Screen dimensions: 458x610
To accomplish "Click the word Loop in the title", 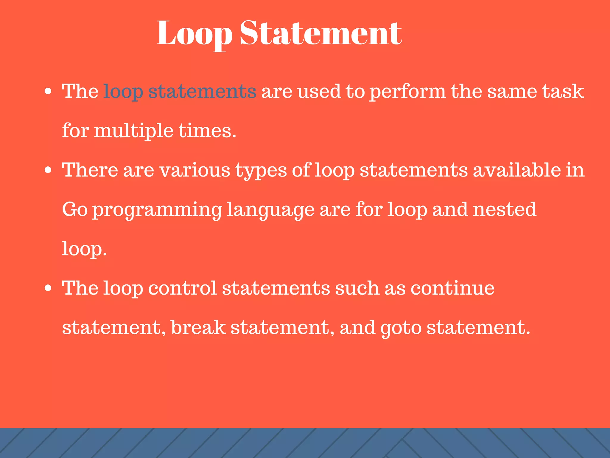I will pyautogui.click(x=194, y=33).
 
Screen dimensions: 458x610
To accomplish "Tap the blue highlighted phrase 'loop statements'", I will pyautogui.click(x=179, y=91).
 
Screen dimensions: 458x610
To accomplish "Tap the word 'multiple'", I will pyautogui.click(x=133, y=131).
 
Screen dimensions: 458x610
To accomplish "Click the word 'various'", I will pyautogui.click(x=195, y=170).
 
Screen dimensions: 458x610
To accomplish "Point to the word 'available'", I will pyautogui.click(x=517, y=170).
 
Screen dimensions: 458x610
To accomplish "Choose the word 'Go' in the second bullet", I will pyautogui.click(x=75, y=210).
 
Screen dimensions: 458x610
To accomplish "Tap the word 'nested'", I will pyautogui.click(x=505, y=209).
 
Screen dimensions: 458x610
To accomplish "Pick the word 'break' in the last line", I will pyautogui.click(x=198, y=327).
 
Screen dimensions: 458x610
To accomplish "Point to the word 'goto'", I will pyautogui.click(x=401, y=328).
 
